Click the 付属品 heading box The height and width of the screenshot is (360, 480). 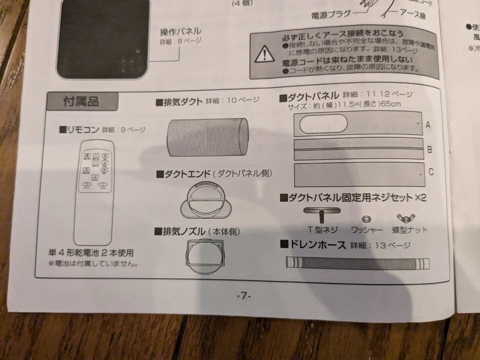tap(82, 101)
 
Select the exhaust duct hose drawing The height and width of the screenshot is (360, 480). tap(208, 136)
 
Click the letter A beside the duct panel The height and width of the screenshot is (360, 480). tap(428, 125)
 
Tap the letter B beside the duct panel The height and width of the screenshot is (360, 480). tap(429, 149)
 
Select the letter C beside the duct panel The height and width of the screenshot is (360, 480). tap(431, 172)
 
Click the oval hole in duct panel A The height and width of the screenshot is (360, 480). tap(323, 124)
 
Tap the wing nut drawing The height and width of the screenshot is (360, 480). tap(406, 218)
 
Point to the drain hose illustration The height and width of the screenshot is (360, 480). tap(358, 263)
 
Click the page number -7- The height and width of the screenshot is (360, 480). tap(244, 296)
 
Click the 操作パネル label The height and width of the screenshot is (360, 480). tap(180, 32)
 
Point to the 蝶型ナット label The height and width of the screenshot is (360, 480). tap(409, 230)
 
